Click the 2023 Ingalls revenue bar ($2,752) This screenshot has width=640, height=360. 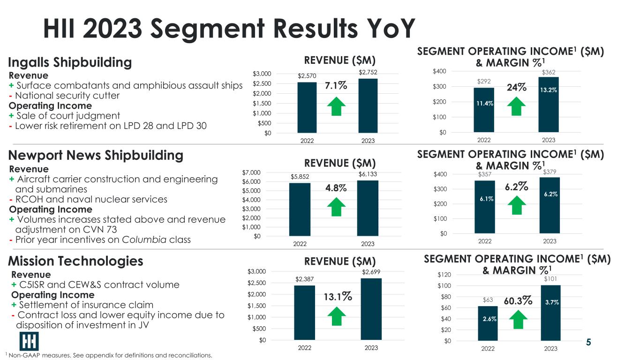[x=368, y=106]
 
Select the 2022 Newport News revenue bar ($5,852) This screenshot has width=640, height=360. [x=300, y=210]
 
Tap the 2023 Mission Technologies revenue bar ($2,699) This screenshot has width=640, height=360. [x=371, y=309]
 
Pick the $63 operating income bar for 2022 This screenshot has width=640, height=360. [x=488, y=323]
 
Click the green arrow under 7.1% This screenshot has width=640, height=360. [x=336, y=106]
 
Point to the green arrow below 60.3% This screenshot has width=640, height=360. [x=518, y=319]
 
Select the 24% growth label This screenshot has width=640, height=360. [x=517, y=87]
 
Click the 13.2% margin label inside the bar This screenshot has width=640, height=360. [x=549, y=90]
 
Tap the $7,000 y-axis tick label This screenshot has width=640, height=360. [x=251, y=172]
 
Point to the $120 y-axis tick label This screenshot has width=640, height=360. [x=444, y=275]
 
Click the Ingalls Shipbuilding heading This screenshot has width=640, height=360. [x=70, y=62]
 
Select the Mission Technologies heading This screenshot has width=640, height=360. [x=75, y=261]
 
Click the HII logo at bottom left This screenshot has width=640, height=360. [x=29, y=341]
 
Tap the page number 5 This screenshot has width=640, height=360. [x=588, y=342]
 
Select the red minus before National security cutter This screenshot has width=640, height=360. [x=11, y=96]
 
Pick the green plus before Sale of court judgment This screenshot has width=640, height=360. [x=11, y=116]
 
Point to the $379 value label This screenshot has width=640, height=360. [x=550, y=172]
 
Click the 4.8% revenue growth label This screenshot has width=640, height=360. [x=336, y=188]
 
